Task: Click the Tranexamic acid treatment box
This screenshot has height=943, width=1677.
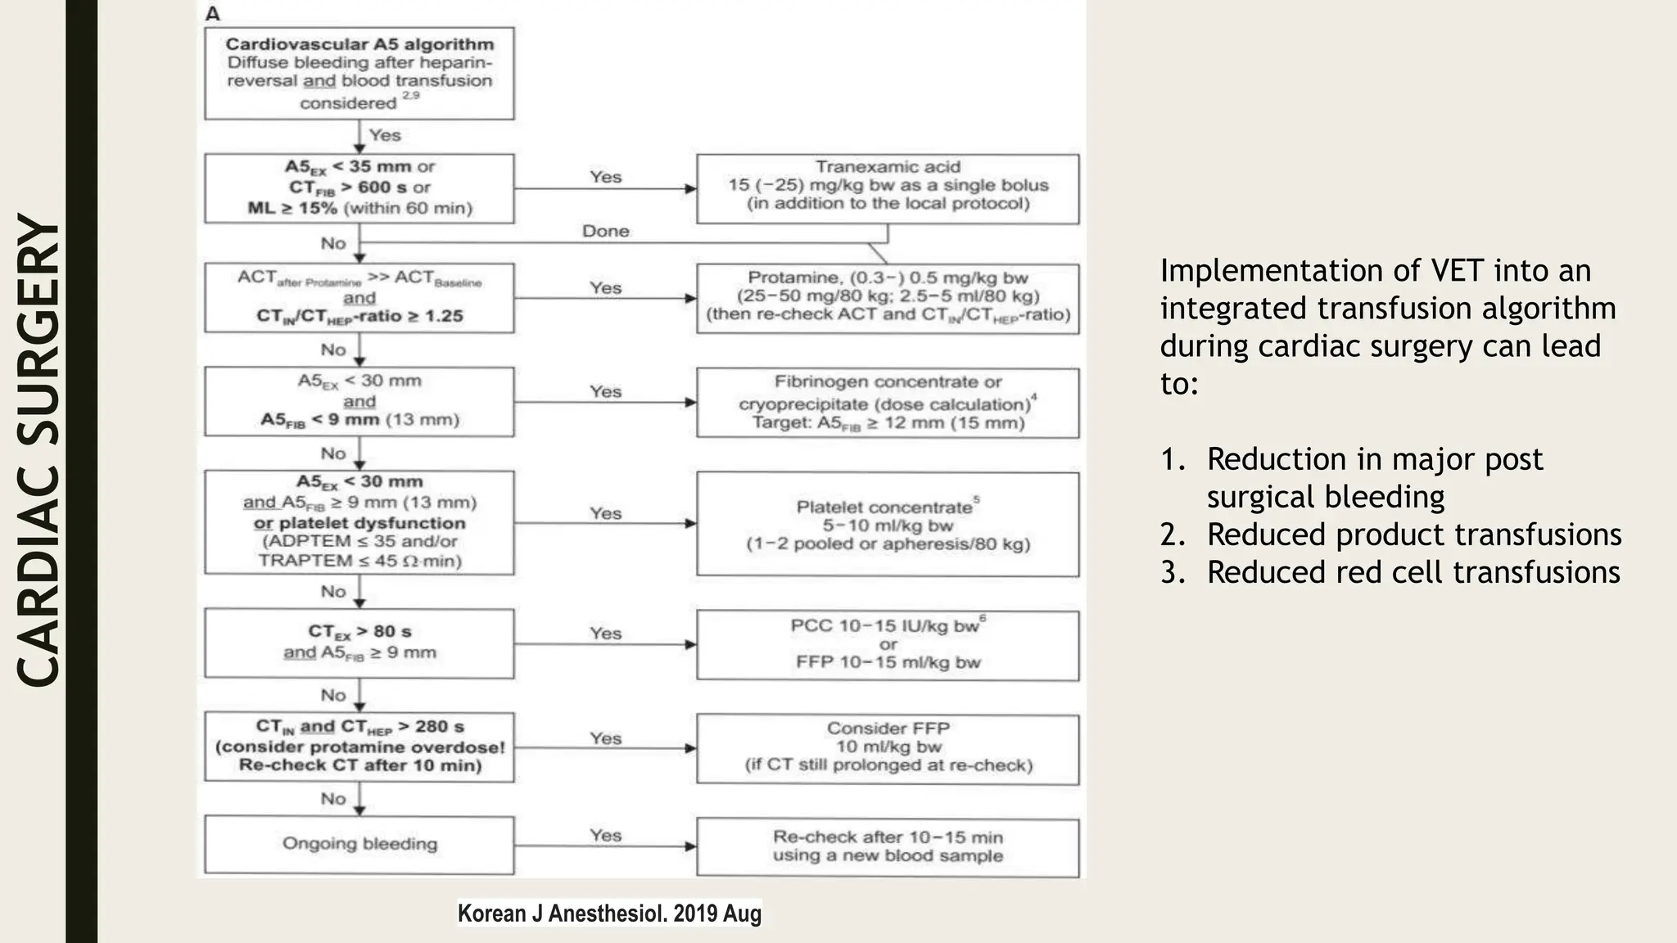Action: point(888,188)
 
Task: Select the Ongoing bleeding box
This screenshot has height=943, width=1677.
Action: point(359,844)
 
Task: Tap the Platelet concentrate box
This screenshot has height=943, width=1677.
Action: point(888,524)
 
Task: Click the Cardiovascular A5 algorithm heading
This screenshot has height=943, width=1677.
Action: point(359,44)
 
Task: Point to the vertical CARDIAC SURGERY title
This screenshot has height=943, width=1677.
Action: point(38,450)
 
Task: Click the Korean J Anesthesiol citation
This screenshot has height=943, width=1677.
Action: point(609,914)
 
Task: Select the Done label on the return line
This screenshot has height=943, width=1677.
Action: point(605,232)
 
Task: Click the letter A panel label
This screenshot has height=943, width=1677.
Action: point(213,14)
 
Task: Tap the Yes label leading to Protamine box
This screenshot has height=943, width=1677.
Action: point(605,288)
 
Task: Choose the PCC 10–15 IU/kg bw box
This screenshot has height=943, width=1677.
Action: point(888,645)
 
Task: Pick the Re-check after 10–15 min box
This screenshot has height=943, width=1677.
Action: point(888,847)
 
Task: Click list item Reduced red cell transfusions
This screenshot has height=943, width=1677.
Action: point(1413,572)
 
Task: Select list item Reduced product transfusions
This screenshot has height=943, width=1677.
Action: point(1413,535)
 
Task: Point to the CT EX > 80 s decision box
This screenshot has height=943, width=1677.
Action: point(359,643)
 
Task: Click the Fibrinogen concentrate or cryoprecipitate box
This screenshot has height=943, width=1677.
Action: point(888,403)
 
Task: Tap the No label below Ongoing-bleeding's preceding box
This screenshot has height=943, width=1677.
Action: point(333,799)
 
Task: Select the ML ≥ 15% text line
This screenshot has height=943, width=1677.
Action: point(359,208)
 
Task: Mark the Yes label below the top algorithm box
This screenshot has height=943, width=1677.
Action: point(385,135)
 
